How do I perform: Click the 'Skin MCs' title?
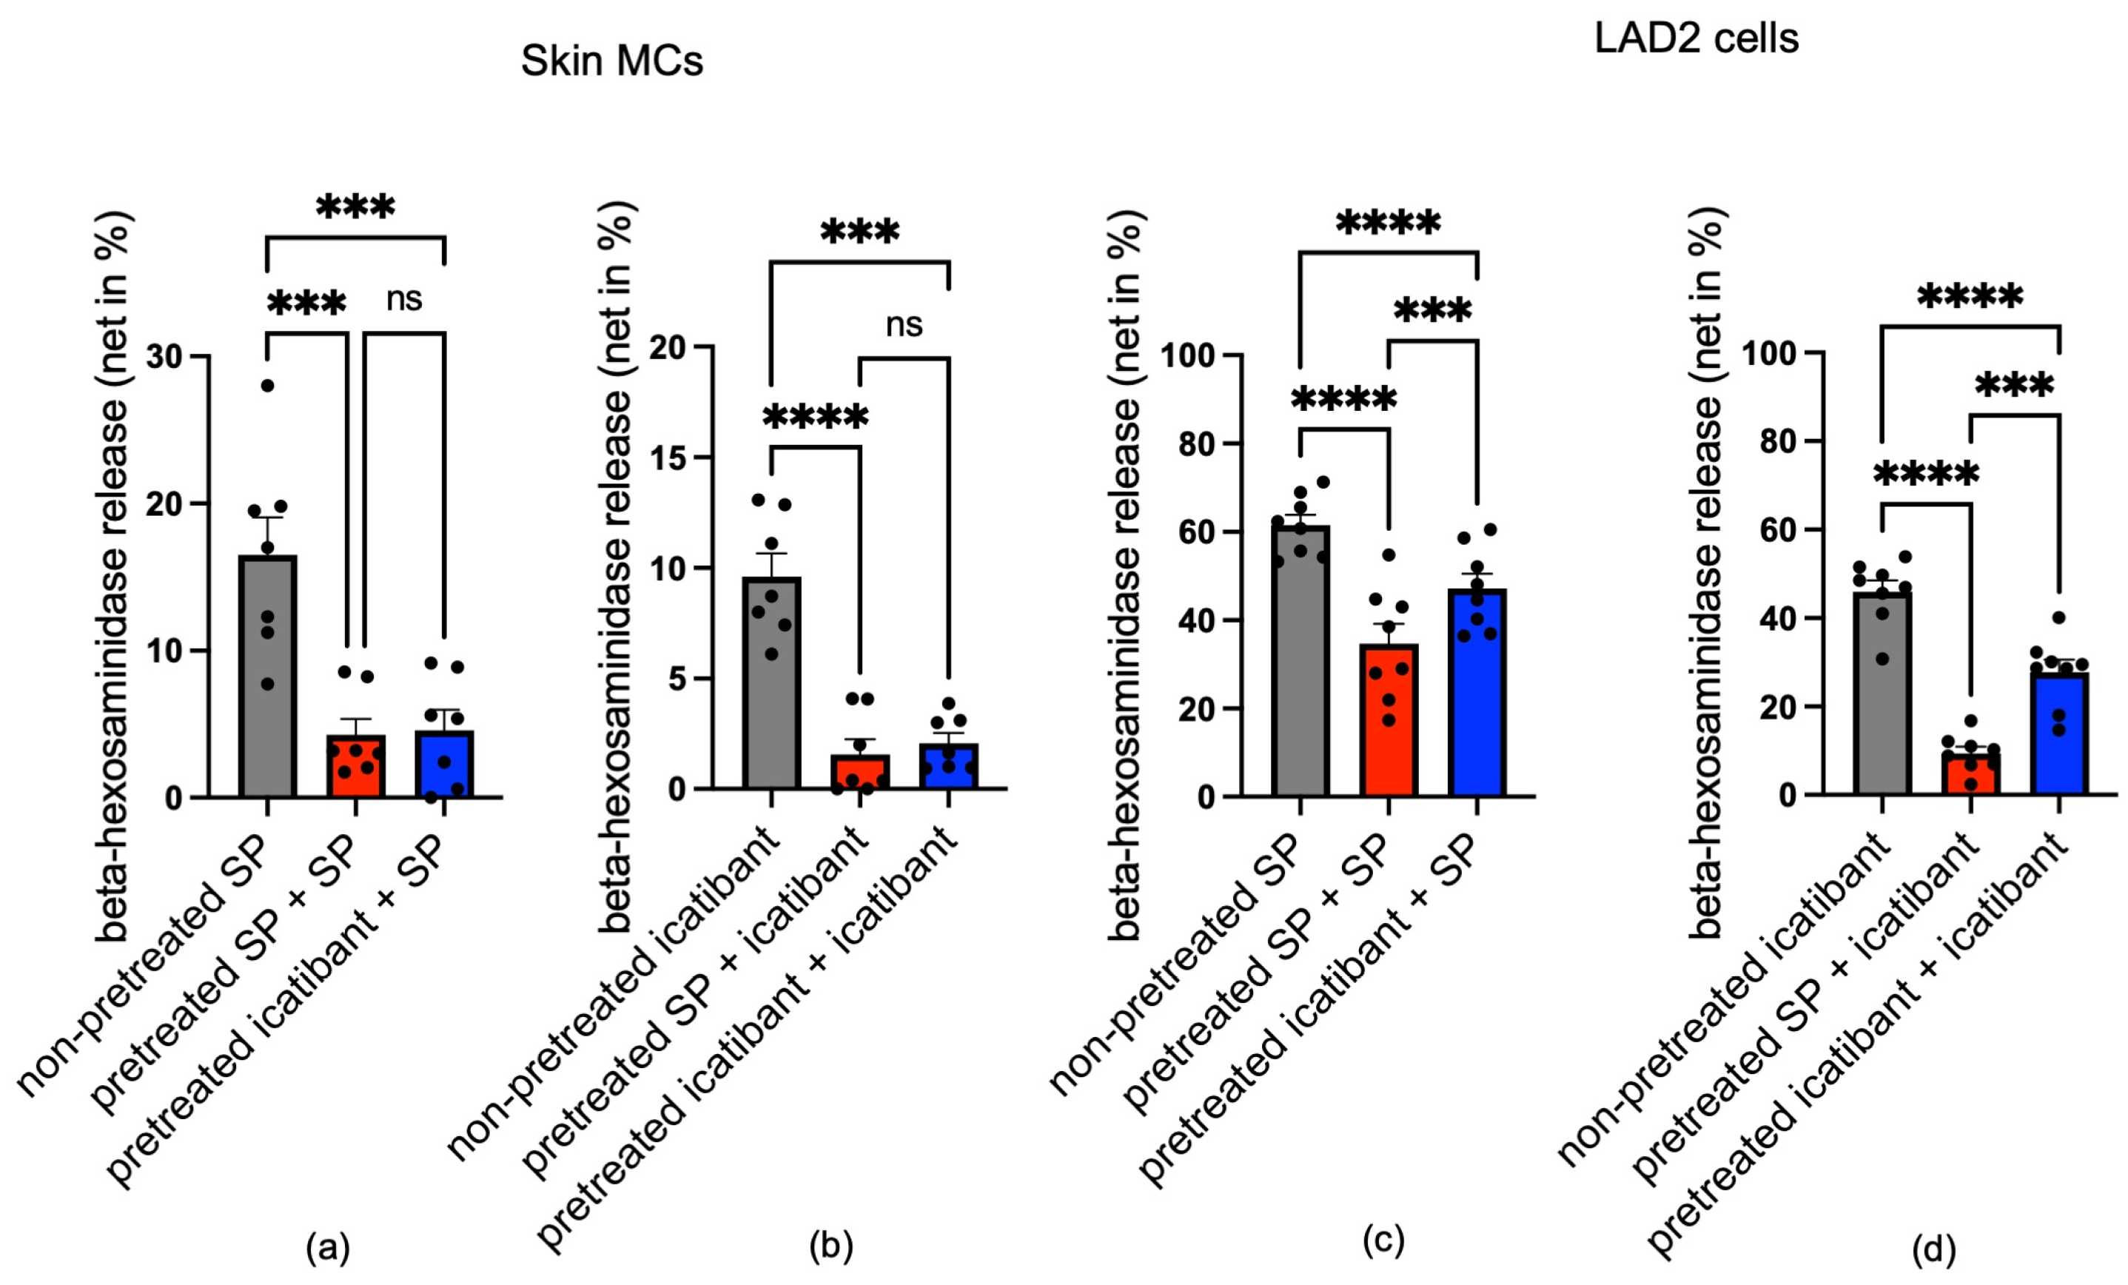click(x=611, y=61)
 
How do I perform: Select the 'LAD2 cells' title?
click(x=1696, y=38)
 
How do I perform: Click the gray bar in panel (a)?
click(x=268, y=682)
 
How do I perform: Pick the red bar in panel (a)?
click(x=356, y=768)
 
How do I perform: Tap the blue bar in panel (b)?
click(x=948, y=768)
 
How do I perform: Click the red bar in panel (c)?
click(x=1389, y=725)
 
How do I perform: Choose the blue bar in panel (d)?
click(x=2060, y=734)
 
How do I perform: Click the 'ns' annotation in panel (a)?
click(x=403, y=299)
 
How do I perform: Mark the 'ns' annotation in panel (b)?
click(x=904, y=325)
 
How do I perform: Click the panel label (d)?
click(x=1933, y=1249)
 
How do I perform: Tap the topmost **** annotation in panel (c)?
click(x=1388, y=224)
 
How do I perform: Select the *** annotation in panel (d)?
click(x=2015, y=385)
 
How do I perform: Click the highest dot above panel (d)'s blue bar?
click(x=2059, y=617)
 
